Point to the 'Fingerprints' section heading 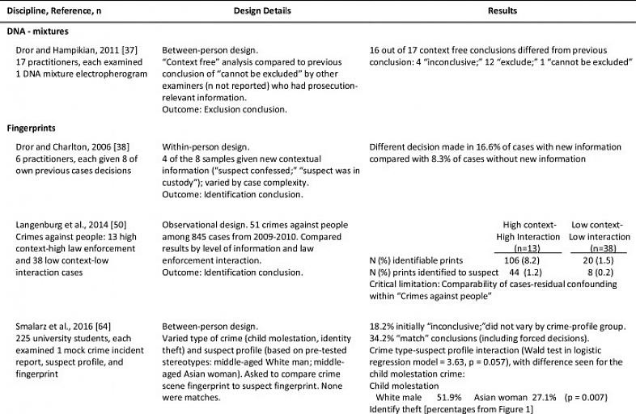point(34,127)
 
